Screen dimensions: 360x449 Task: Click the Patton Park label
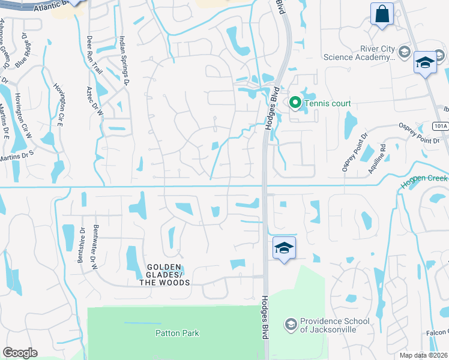click(x=176, y=333)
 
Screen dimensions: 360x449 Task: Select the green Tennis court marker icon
click(x=295, y=103)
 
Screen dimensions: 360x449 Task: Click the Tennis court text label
click(x=327, y=104)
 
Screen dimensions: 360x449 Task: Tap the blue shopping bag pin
click(x=381, y=14)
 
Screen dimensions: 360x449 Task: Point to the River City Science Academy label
click(x=360, y=53)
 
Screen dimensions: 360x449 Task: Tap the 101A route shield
click(x=440, y=125)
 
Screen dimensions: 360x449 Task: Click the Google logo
click(x=20, y=353)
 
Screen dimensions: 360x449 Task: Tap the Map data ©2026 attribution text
click(x=423, y=355)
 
